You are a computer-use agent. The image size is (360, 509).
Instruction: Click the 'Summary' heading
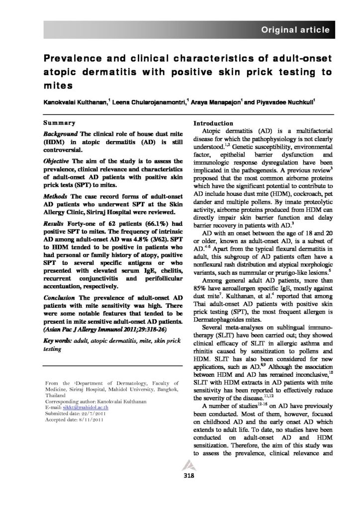(x=59, y=123)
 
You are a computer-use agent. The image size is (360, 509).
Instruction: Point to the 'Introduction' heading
(x=214, y=123)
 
